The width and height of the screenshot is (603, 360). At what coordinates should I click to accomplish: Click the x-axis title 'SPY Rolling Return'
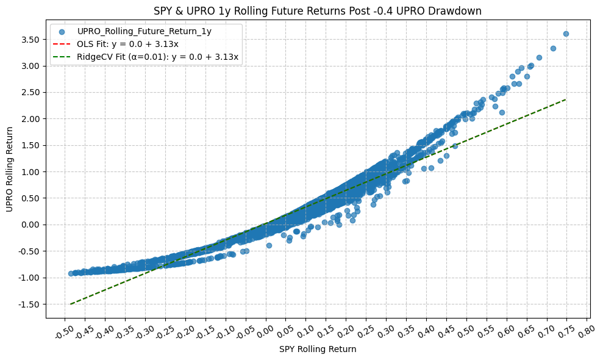(x=317, y=350)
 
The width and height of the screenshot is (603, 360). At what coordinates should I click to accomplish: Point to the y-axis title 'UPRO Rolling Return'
(x=10, y=169)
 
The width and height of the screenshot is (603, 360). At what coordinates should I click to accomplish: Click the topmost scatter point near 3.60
(x=566, y=34)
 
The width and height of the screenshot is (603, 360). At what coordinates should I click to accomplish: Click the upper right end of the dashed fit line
(x=566, y=99)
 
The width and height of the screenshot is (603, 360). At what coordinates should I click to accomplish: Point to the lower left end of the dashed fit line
(x=71, y=304)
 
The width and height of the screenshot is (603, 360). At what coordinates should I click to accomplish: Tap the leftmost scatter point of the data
(x=71, y=273)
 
